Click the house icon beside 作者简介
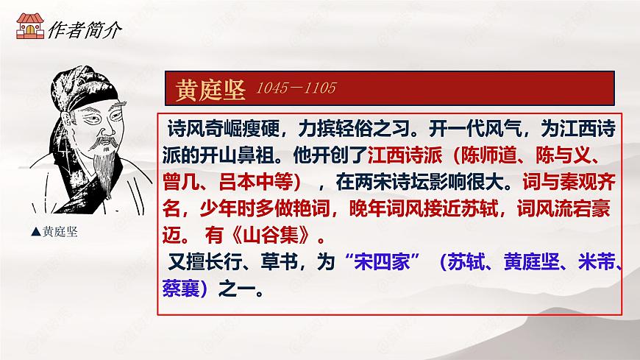(29, 29)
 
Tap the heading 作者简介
(82, 29)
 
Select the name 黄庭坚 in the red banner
(208, 90)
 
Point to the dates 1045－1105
(295, 89)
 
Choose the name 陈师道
(490, 157)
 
